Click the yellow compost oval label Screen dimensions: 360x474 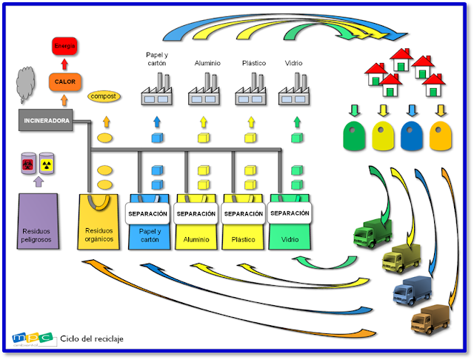click(105, 96)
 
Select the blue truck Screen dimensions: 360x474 click(413, 290)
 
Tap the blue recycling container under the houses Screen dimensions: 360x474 click(412, 137)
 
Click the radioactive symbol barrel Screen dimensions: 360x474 click(47, 163)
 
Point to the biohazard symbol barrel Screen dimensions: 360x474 click(28, 163)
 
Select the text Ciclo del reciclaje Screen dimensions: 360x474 click(92, 339)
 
